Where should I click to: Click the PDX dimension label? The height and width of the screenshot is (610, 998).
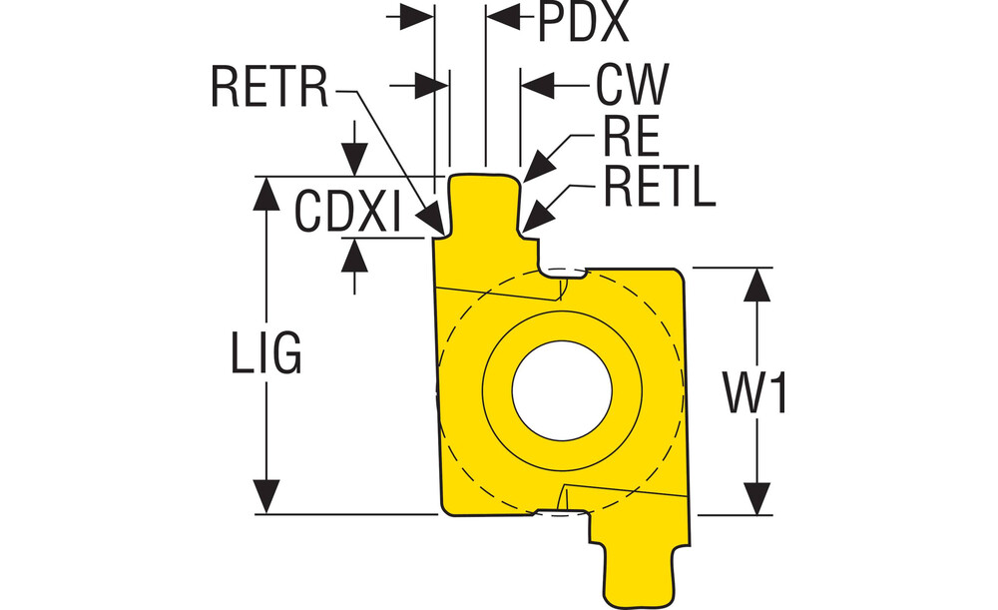pyautogui.click(x=583, y=24)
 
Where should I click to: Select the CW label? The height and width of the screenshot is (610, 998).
pyautogui.click(x=631, y=86)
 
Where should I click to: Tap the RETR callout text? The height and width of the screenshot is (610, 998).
pyautogui.click(x=269, y=88)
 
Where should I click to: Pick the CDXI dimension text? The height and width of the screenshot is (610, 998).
pyautogui.click(x=347, y=211)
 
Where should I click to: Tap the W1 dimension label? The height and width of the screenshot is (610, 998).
pyautogui.click(x=755, y=393)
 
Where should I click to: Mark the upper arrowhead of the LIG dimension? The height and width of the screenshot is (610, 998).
pyautogui.click(x=265, y=195)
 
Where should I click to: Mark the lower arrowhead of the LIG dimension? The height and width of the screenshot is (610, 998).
pyautogui.click(x=265, y=497)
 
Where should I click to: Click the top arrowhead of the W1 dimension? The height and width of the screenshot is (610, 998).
pyautogui.click(x=759, y=285)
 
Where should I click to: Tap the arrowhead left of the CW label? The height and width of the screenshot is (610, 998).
pyautogui.click(x=540, y=86)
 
